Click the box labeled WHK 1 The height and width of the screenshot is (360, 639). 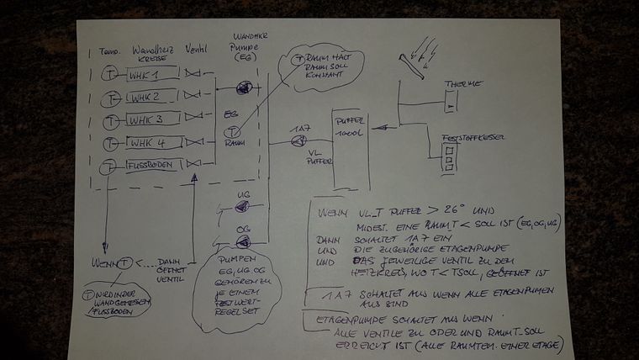[153, 75]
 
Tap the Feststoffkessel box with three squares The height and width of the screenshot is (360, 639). [451, 156]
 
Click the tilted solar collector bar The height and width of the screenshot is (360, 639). [416, 65]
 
